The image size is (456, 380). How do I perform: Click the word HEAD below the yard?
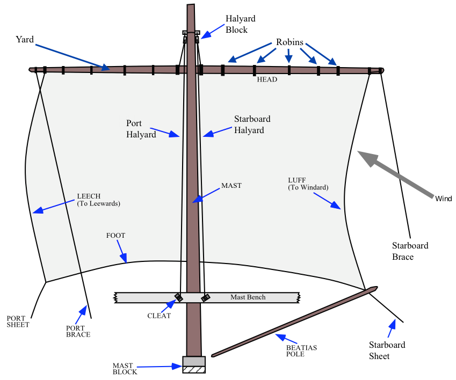click(266, 80)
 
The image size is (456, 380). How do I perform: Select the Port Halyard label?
click(141, 129)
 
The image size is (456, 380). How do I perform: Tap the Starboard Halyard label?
click(252, 125)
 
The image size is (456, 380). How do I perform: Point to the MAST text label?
click(231, 186)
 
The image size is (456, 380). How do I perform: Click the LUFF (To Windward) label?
click(308, 184)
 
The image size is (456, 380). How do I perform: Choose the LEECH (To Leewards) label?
click(98, 200)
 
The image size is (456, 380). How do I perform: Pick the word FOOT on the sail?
click(115, 236)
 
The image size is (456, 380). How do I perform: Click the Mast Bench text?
click(248, 297)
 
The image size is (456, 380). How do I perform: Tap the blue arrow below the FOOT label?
click(122, 252)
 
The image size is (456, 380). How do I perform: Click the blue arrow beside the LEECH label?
click(54, 207)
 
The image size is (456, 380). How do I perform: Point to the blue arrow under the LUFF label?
click(328, 201)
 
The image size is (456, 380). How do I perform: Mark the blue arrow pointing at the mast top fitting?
click(212, 32)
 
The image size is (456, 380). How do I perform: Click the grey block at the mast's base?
click(194, 361)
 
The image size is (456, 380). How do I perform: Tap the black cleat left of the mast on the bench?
click(179, 297)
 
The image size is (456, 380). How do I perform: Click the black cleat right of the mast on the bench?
click(205, 297)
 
